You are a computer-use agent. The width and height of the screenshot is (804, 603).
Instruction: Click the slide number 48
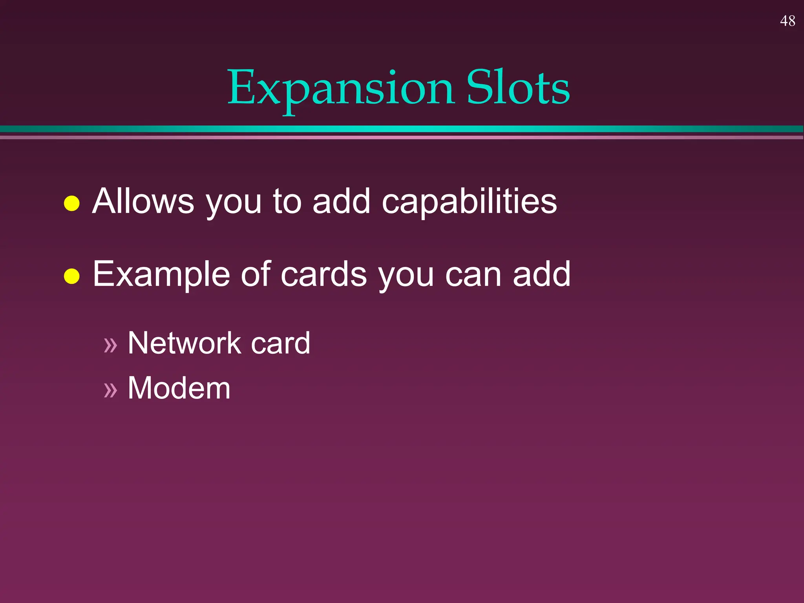pyautogui.click(x=787, y=21)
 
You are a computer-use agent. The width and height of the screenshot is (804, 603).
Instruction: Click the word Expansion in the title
pyautogui.click(x=341, y=89)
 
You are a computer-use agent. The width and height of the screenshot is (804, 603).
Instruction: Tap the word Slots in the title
pyautogui.click(x=518, y=88)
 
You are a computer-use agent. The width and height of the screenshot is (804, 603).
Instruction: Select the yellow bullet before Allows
pyautogui.click(x=72, y=203)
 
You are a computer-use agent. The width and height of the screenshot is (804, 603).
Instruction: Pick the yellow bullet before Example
pyautogui.click(x=72, y=276)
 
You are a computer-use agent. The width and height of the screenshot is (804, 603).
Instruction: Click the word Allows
pyautogui.click(x=143, y=201)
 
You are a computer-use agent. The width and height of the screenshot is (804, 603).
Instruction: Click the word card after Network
pyautogui.click(x=280, y=343)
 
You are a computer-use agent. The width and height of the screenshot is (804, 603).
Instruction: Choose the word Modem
pyautogui.click(x=179, y=388)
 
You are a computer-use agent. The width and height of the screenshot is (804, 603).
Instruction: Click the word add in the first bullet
pyautogui.click(x=341, y=201)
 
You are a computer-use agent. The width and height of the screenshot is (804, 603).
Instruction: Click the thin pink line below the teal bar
pyautogui.click(x=402, y=137)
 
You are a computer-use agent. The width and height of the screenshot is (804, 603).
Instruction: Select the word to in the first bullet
pyautogui.click(x=287, y=201)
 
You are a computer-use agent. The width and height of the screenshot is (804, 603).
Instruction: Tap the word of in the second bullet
pyautogui.click(x=256, y=274)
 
